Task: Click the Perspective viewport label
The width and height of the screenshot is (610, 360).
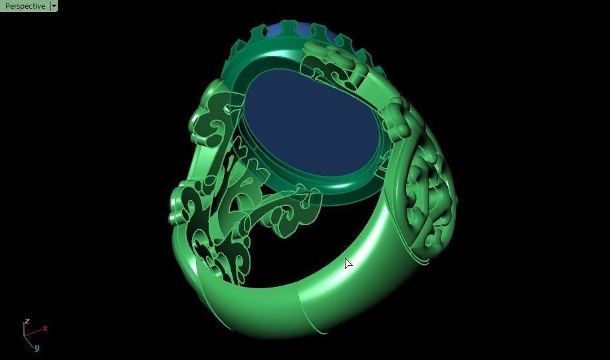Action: click(x=25, y=6)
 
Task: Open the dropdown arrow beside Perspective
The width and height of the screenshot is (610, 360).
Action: click(x=54, y=6)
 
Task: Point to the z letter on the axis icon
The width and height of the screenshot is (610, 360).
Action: click(x=27, y=321)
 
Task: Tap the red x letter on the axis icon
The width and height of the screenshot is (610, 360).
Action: click(x=45, y=328)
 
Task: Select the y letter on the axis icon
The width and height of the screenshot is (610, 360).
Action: click(x=37, y=347)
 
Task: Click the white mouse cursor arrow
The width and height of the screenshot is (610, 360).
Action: click(x=348, y=263)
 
